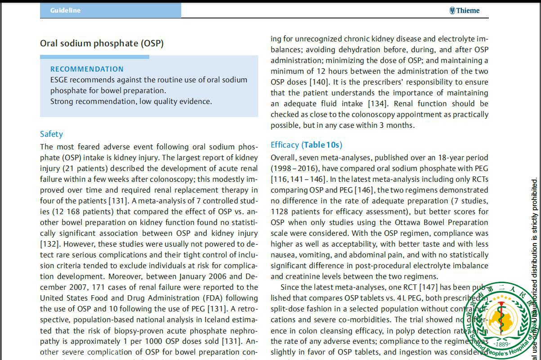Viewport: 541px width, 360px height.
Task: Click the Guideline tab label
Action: (x=65, y=10)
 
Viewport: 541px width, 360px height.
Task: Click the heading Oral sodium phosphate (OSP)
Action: (x=102, y=44)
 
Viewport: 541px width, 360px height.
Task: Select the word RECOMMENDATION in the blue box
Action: (x=87, y=69)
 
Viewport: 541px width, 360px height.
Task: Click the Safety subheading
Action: (x=51, y=134)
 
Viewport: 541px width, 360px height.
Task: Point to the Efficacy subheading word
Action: (x=285, y=145)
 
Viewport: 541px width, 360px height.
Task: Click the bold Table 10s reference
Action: (x=322, y=145)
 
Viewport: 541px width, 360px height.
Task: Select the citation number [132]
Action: (x=49, y=244)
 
